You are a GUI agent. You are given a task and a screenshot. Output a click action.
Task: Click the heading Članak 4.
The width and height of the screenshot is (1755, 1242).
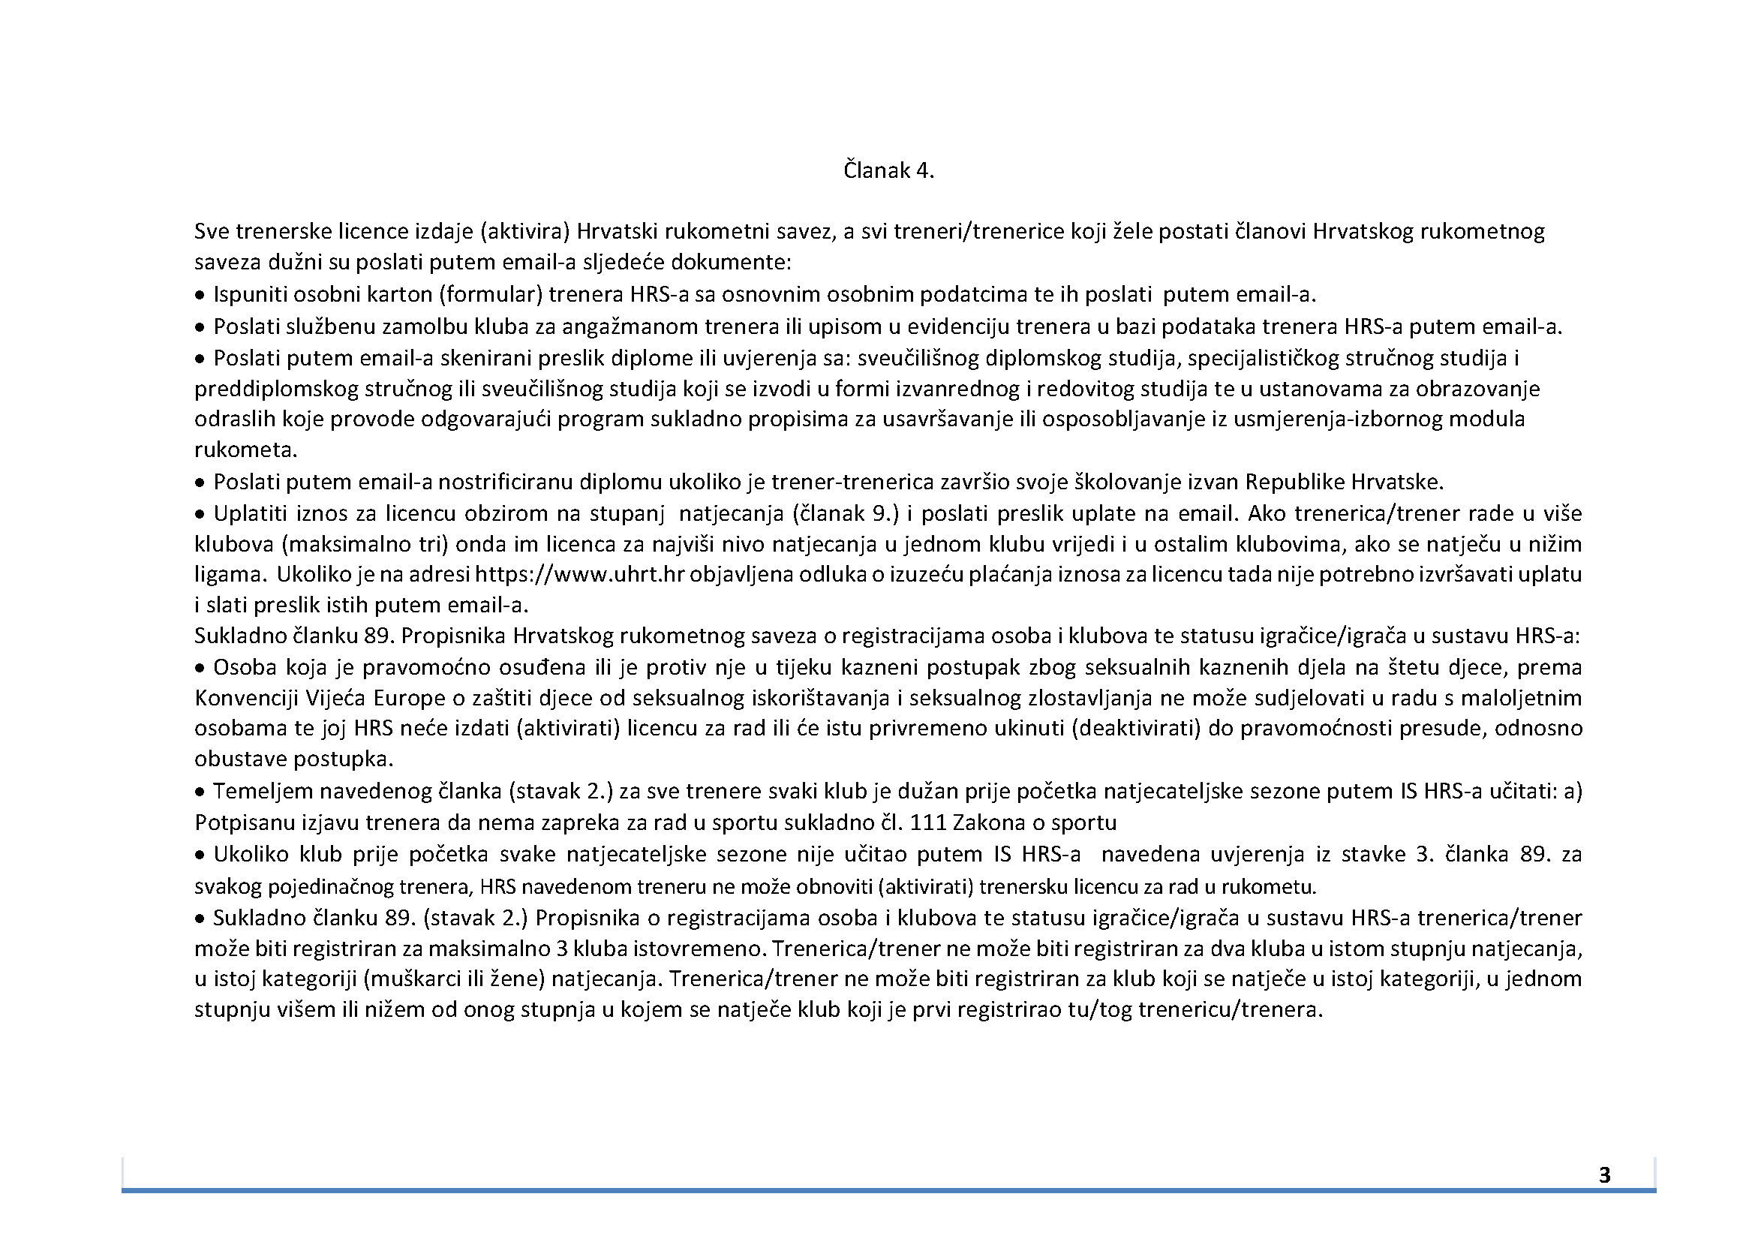888,170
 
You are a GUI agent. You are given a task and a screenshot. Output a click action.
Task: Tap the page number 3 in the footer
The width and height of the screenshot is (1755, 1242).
1604,1174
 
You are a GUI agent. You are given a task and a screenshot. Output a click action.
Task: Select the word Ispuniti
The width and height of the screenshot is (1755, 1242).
249,294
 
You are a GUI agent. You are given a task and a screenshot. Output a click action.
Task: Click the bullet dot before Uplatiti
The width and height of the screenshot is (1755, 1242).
200,514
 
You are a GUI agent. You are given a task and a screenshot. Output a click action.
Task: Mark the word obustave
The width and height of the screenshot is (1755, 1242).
240,759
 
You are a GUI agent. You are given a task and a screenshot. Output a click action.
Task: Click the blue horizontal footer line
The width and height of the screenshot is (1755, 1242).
888,1190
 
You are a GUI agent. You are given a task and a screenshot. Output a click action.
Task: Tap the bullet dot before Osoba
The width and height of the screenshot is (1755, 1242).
200,669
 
